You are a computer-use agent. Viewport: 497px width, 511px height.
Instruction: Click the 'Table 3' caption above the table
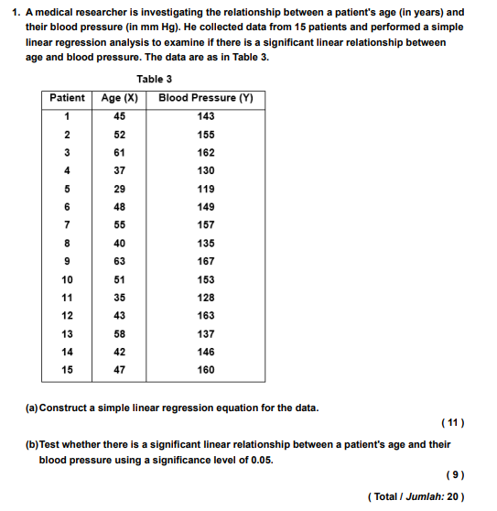154,80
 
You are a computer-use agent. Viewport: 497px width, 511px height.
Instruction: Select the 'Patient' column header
67,98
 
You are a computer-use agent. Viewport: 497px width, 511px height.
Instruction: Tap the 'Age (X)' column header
119,98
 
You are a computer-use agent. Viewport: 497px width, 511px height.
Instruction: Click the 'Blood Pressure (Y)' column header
205,98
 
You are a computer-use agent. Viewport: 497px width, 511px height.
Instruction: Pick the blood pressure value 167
206,261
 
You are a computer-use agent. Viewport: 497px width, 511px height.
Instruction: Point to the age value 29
119,189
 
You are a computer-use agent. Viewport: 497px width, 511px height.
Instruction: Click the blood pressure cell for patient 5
206,189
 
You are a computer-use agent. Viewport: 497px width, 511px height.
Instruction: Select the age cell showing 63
119,261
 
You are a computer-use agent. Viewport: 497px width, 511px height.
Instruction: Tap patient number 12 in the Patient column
67,316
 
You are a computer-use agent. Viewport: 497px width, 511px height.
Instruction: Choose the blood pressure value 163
206,316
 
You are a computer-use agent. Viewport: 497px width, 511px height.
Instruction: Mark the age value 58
119,334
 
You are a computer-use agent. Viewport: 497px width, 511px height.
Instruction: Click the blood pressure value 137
206,334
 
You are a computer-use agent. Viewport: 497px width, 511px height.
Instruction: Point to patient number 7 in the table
67,225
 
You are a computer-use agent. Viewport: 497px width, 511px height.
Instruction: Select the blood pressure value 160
206,370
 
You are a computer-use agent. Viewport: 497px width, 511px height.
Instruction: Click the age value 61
119,153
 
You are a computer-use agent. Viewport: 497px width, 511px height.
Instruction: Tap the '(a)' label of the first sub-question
32,408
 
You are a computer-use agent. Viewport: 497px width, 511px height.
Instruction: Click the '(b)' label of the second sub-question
32,444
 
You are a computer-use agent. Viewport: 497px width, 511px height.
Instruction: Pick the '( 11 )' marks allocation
452,423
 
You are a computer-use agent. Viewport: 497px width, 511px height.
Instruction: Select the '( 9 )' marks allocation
454,475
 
